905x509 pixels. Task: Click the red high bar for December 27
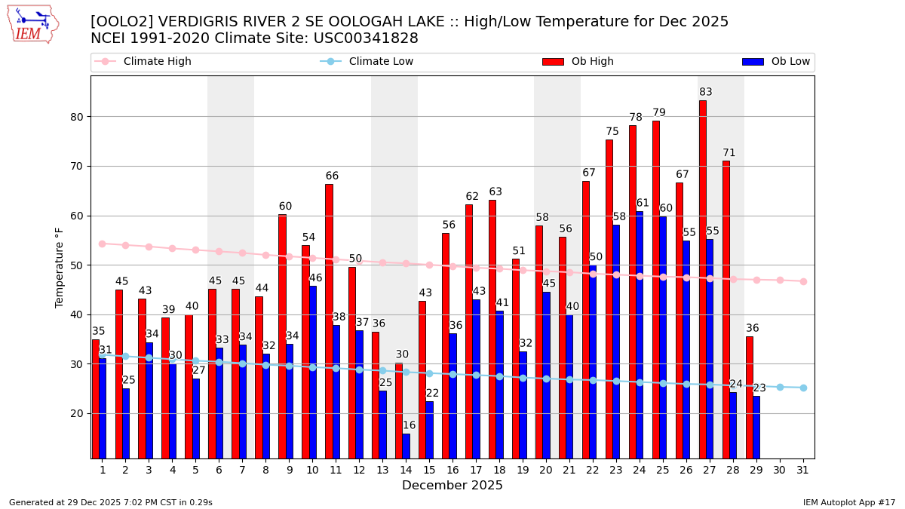pyautogui.click(x=703, y=279)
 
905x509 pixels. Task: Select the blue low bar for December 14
pyautogui.click(x=406, y=446)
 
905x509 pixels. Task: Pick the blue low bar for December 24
pyautogui.click(x=640, y=335)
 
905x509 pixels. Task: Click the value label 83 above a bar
pyautogui.click(x=706, y=93)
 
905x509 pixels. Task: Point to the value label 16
pyautogui.click(x=410, y=426)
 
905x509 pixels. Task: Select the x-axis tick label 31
pyautogui.click(x=803, y=470)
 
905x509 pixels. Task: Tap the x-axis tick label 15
pyautogui.click(x=429, y=470)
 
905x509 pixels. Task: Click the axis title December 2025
pyautogui.click(x=452, y=486)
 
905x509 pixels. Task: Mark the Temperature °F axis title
pyautogui.click(x=60, y=267)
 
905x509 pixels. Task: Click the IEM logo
pyautogui.click(x=32, y=24)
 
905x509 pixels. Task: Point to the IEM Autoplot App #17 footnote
pyautogui.click(x=849, y=502)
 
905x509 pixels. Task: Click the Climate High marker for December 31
pyautogui.click(x=803, y=281)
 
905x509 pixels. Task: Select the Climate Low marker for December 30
pyautogui.click(x=780, y=387)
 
